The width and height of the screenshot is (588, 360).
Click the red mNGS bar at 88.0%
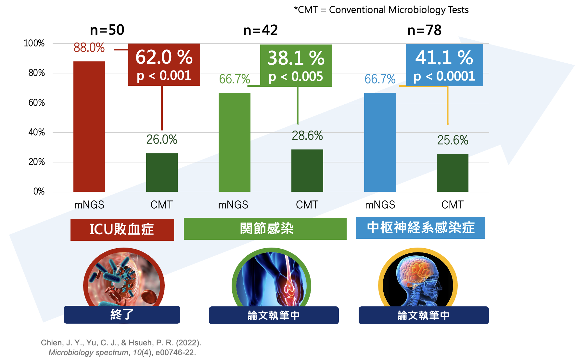pyautogui.click(x=89, y=126)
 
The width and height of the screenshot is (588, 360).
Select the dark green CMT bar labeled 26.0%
pyautogui.click(x=162, y=172)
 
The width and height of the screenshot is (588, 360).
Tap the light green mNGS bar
pyautogui.click(x=234, y=142)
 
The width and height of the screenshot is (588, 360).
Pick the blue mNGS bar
pyautogui.click(x=380, y=142)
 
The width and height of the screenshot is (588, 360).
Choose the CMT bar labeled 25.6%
pyautogui.click(x=453, y=173)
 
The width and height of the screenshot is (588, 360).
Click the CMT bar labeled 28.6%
pyautogui.click(x=307, y=171)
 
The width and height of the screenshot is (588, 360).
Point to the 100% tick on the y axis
pyautogui.click(x=34, y=43)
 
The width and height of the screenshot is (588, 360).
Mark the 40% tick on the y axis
pyautogui.click(x=36, y=132)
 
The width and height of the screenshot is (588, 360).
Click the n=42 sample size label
pyautogui.click(x=261, y=30)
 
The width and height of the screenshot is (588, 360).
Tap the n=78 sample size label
pyautogui.click(x=424, y=30)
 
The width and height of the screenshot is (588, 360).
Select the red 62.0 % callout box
pyautogui.click(x=164, y=65)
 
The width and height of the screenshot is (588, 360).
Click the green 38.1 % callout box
pyautogui.click(x=296, y=66)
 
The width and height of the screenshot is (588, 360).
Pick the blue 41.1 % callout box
pyautogui.click(x=444, y=65)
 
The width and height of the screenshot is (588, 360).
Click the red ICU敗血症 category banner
pyautogui.click(x=122, y=229)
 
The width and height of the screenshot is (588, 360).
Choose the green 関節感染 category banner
pyautogui.click(x=265, y=229)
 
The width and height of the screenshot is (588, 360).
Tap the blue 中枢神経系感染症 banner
pyautogui.click(x=420, y=228)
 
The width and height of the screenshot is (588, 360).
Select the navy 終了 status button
pyautogui.click(x=122, y=315)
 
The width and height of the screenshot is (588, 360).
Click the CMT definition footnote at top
pyautogui.click(x=381, y=10)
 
